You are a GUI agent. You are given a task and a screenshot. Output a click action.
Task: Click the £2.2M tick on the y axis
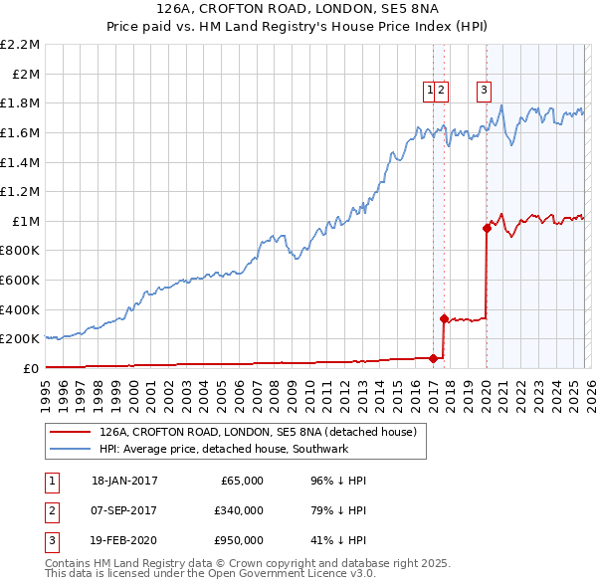[x=21, y=45]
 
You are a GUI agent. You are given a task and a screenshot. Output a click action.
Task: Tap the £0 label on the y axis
[x=31, y=368]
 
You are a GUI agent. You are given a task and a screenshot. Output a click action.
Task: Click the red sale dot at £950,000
[x=487, y=228]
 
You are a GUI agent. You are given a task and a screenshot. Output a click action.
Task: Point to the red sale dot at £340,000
[x=444, y=318]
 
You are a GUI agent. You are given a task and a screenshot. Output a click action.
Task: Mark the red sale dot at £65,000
[x=433, y=358]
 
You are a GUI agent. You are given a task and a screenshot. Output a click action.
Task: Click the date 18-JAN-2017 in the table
[x=124, y=481]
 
